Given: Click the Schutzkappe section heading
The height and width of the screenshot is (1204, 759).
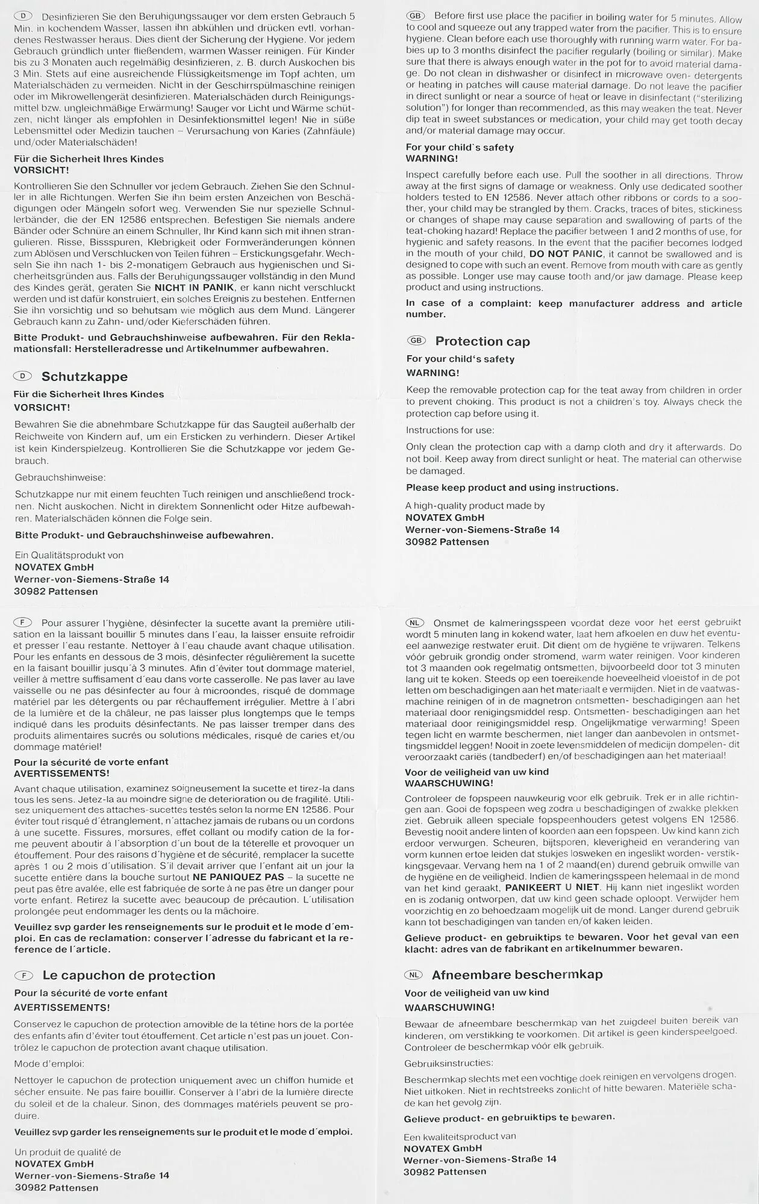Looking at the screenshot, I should (x=84, y=377).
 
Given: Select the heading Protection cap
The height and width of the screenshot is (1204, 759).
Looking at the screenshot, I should (x=483, y=341).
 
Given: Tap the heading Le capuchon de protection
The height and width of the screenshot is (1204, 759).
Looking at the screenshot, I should (x=128, y=975).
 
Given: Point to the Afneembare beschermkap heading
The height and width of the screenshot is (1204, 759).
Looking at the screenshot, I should (x=517, y=974).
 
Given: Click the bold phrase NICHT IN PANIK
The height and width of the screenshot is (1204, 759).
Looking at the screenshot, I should (x=193, y=288).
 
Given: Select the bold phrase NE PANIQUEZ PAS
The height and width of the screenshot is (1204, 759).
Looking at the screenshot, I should (x=239, y=877).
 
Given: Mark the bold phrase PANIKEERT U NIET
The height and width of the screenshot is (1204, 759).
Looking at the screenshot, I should (x=552, y=887).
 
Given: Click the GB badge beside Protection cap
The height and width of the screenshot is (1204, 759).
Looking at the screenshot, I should (x=416, y=341).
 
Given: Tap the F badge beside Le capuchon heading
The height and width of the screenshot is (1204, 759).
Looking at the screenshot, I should (x=23, y=975).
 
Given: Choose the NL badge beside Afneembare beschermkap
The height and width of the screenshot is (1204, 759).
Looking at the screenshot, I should (x=414, y=974).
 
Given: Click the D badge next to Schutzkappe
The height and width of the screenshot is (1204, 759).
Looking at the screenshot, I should (x=22, y=376).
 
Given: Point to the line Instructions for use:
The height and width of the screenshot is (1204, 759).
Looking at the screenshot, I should (x=449, y=430).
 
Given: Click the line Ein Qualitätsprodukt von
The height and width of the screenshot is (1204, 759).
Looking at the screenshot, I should (x=69, y=555).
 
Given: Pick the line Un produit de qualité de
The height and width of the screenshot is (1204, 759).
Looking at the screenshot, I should (x=67, y=1152).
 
